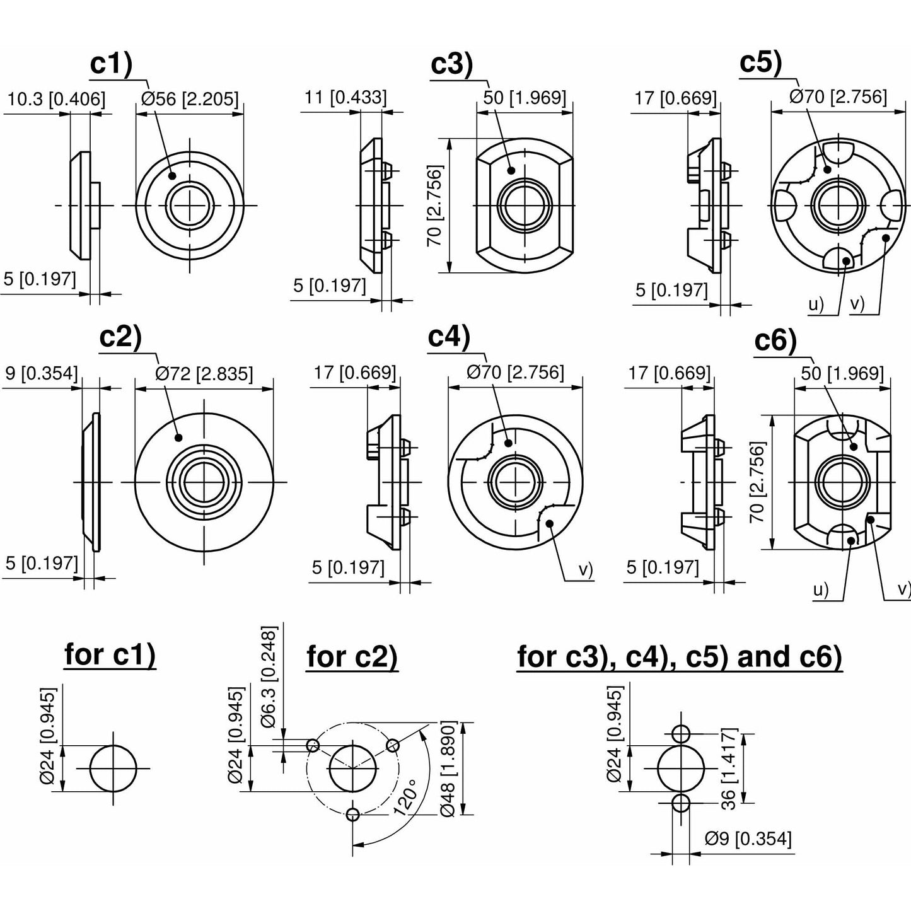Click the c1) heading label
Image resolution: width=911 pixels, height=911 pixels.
tap(111, 65)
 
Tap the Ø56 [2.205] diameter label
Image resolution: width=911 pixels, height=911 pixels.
tap(190, 99)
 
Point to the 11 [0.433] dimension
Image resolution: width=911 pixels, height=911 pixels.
tap(345, 97)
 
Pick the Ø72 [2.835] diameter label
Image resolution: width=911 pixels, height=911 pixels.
tap(204, 374)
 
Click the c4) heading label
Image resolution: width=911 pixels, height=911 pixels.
tap(449, 337)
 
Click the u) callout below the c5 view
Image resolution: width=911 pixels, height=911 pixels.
tap(816, 305)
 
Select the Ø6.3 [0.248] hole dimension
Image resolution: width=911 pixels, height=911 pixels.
tap(269, 677)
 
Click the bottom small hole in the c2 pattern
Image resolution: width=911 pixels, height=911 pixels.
tap(353, 815)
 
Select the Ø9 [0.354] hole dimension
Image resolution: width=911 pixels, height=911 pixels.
tap(748, 839)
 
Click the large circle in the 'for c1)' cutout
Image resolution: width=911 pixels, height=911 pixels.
tap(113, 769)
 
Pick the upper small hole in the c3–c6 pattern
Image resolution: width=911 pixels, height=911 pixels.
tap(681, 734)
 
